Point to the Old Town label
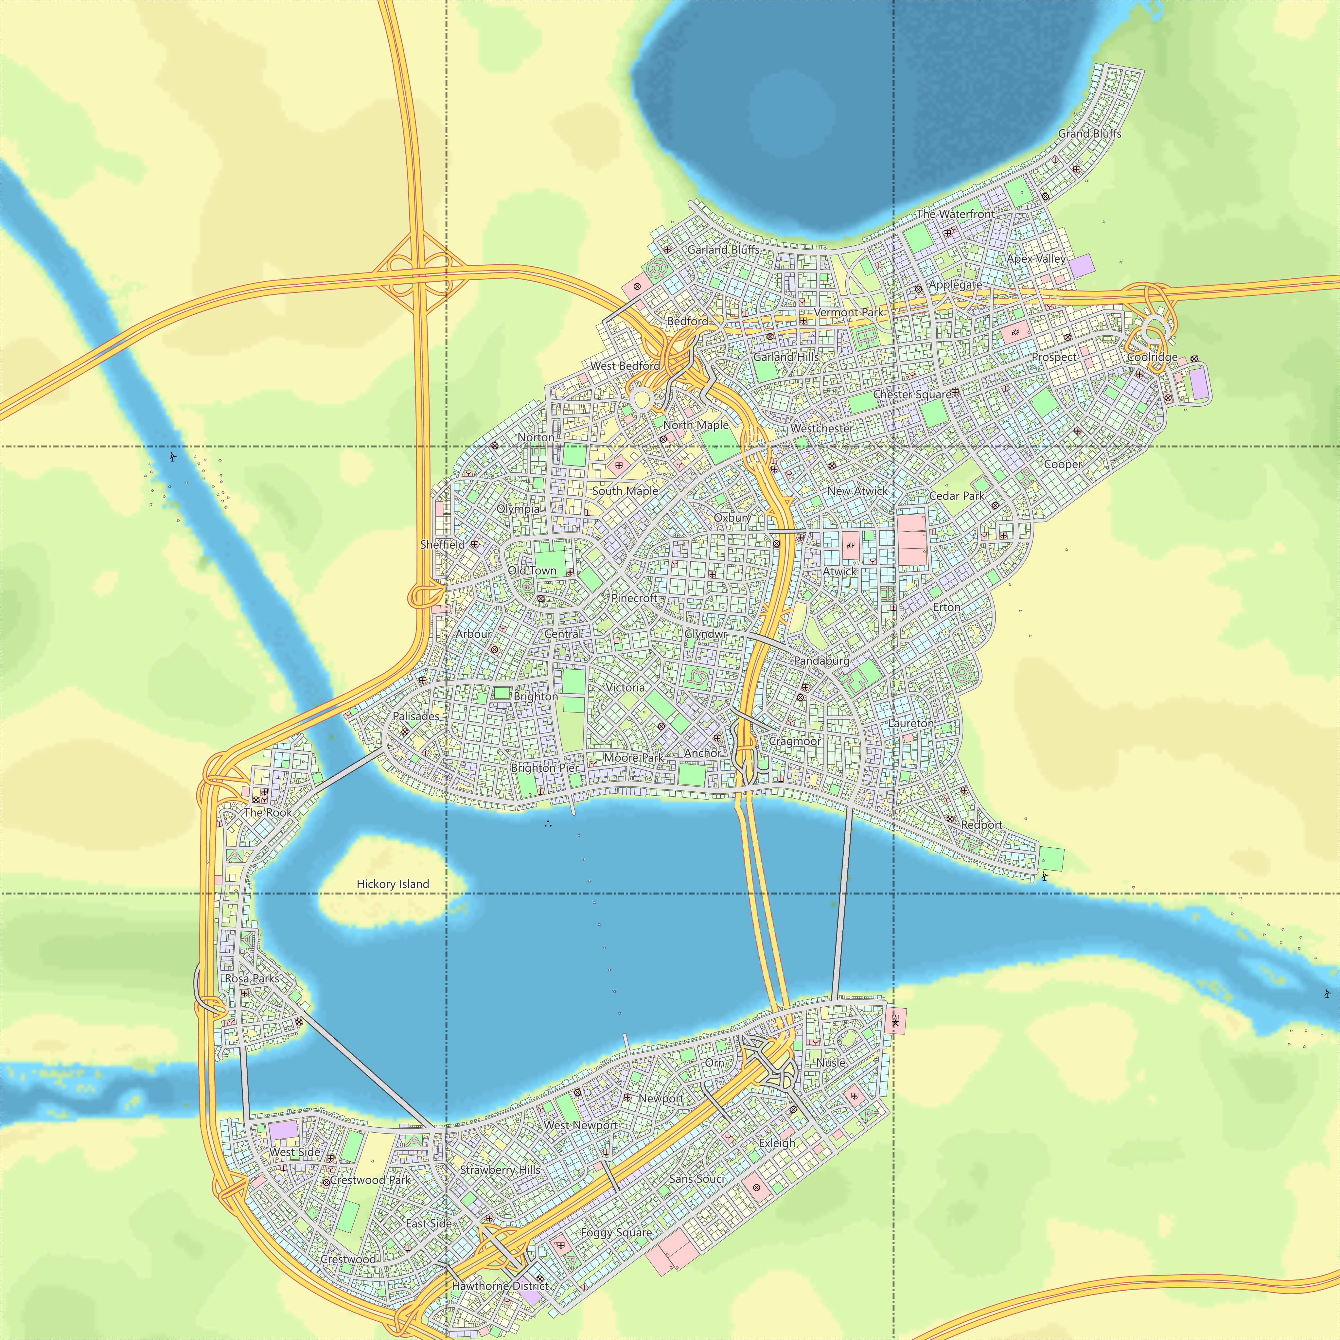532,571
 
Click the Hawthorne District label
500,1285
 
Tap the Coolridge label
1152,357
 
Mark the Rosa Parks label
252,978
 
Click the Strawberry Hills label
500,1169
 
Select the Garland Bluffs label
723,250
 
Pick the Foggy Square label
616,1232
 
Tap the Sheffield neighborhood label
443,544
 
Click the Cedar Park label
957,496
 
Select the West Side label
295,1152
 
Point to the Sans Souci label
696,1179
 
